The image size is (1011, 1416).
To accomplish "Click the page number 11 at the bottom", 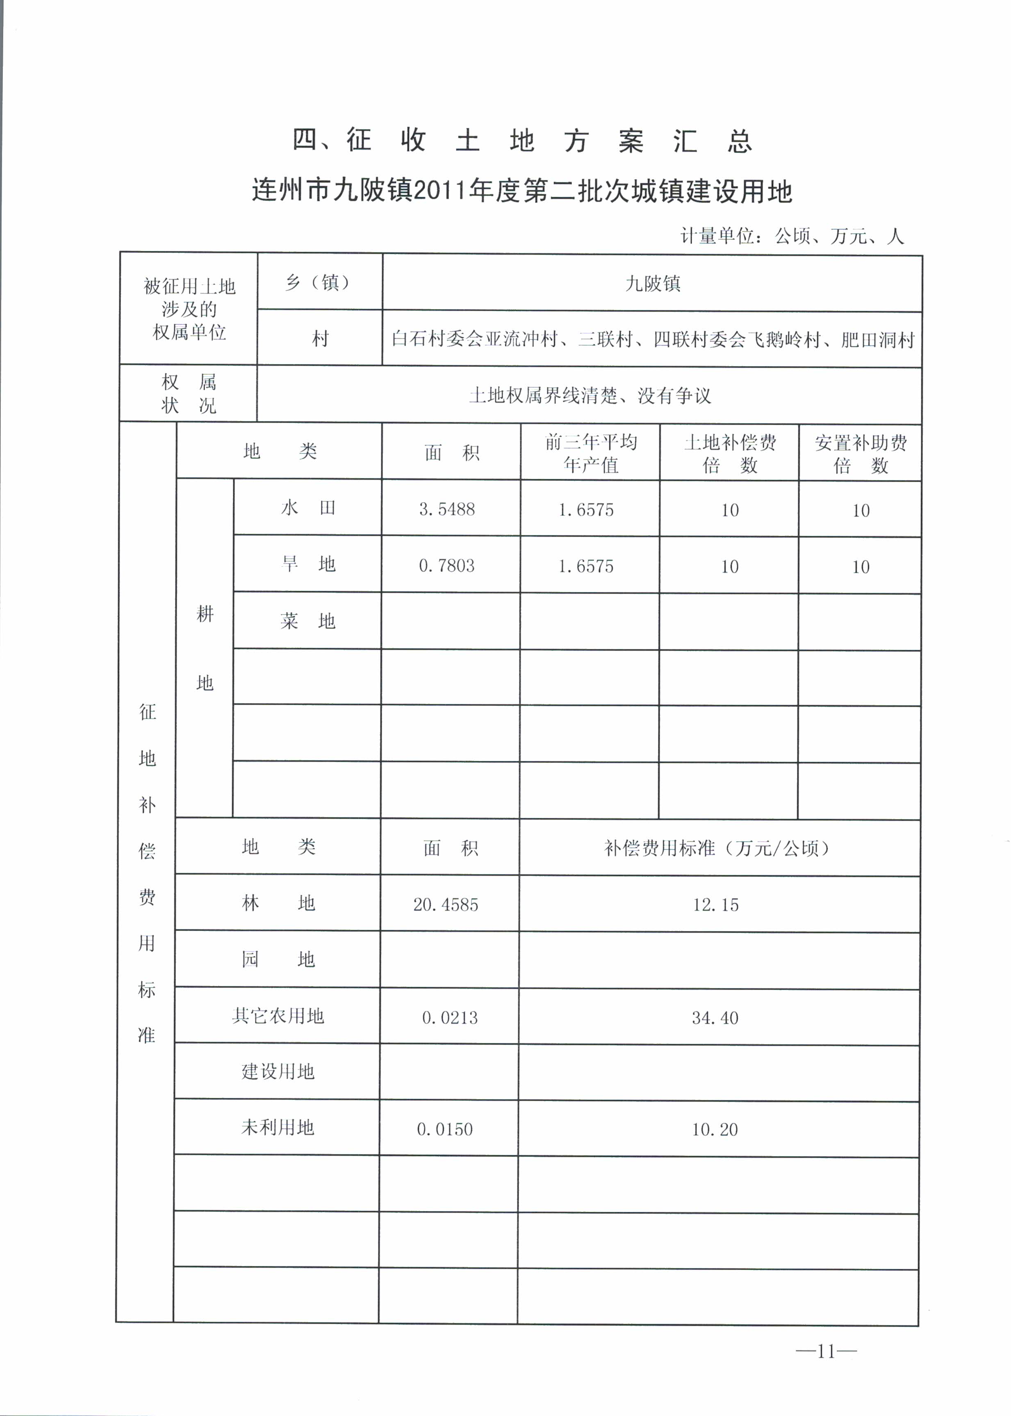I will (x=825, y=1351).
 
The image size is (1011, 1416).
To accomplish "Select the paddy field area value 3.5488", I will (x=447, y=509).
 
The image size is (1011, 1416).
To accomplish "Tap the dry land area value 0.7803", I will (x=447, y=566).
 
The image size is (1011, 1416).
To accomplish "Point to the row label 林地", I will (x=278, y=903).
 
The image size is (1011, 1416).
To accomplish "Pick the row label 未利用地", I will (x=278, y=1128).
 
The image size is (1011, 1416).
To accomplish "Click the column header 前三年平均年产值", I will (x=591, y=453).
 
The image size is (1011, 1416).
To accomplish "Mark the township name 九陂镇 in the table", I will (x=652, y=284).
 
